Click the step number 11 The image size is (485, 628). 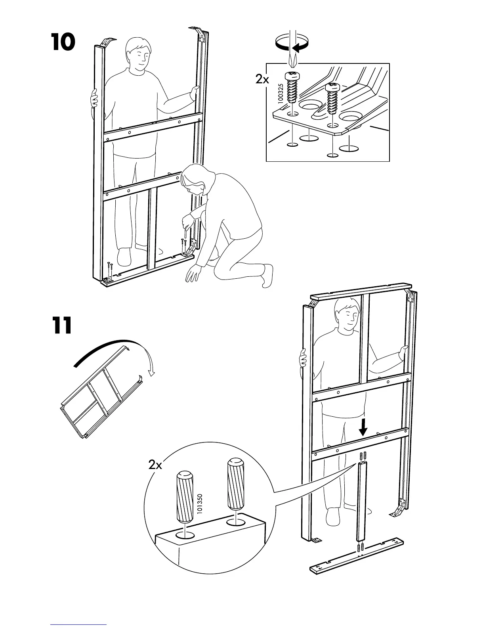pos(61,325)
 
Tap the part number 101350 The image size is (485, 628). pos(200,504)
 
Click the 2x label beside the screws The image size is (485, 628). pos(262,80)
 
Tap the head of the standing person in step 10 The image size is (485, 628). pos(137,56)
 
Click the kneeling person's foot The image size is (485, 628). pos(266,275)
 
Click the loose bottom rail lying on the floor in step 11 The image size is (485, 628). pos(356,555)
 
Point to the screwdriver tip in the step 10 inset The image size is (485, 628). pos(293,61)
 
